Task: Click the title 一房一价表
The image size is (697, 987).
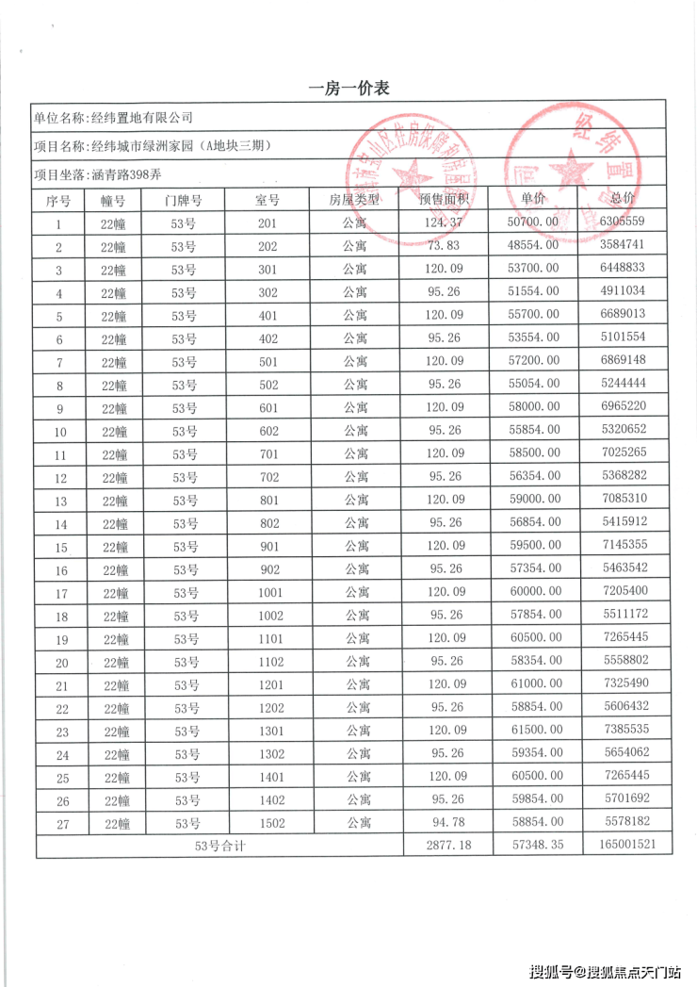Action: tap(348, 89)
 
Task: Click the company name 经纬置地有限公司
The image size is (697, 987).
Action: tap(141, 118)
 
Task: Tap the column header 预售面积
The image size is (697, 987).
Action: tap(446, 200)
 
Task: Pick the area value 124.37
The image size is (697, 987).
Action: tap(446, 222)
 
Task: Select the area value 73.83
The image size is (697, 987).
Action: tap(446, 246)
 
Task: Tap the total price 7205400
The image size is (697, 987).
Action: tap(626, 592)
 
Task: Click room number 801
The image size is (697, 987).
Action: tap(268, 500)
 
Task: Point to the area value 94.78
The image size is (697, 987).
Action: tap(446, 823)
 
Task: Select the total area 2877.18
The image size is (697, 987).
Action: tap(446, 846)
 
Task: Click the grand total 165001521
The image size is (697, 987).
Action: tap(626, 846)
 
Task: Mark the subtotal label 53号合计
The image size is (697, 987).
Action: tap(219, 846)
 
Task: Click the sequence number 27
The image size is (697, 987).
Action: tap(62, 823)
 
